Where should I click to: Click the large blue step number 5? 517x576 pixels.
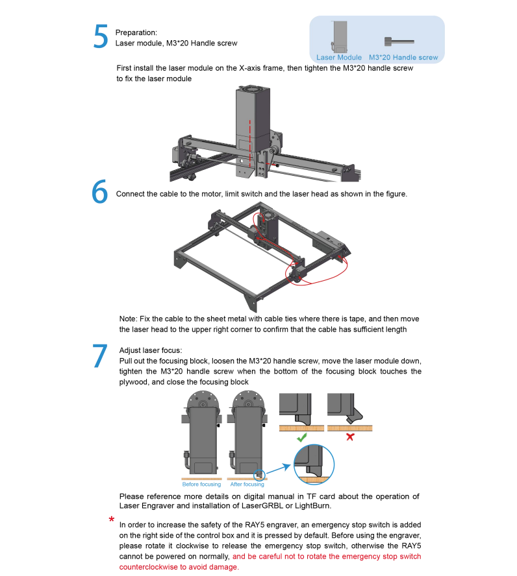[x=101, y=36]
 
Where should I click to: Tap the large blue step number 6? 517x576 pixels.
[x=99, y=191]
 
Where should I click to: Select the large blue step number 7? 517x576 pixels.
[x=99, y=355]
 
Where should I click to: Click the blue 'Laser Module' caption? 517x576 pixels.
[x=338, y=57]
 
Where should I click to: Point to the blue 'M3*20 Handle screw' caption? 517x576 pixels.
[x=403, y=57]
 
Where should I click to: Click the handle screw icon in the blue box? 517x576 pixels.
[x=399, y=42]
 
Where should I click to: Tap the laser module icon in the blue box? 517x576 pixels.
[x=340, y=36]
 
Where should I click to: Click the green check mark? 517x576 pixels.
[x=302, y=437]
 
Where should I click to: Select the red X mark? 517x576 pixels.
[x=350, y=437]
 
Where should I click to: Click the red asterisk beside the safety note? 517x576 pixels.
[x=112, y=520]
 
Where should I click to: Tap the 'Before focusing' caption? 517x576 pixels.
[x=201, y=484]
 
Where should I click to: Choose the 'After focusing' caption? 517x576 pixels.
[x=247, y=484]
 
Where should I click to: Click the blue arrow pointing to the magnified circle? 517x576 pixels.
[x=278, y=469]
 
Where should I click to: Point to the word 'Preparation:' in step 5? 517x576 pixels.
[x=136, y=32]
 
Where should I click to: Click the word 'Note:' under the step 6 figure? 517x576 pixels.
[x=129, y=319]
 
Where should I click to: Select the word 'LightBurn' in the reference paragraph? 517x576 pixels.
[x=312, y=506]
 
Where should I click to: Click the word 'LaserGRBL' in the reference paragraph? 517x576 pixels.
[x=262, y=506]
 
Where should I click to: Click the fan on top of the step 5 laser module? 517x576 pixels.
[x=253, y=90]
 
